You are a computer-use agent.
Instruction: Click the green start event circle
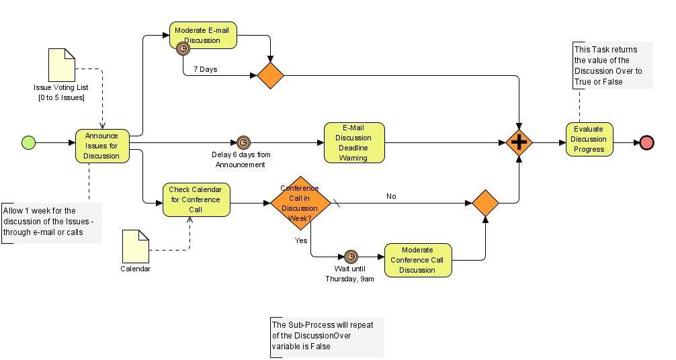click(28, 142)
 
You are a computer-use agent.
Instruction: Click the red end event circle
click(646, 142)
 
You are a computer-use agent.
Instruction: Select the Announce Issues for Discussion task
click(101, 146)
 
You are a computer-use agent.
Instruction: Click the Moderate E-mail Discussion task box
click(203, 35)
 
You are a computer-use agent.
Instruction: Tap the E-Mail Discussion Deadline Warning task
click(354, 142)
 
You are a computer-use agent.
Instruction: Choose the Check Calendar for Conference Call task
click(196, 199)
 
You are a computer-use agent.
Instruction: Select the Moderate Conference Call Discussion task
click(417, 260)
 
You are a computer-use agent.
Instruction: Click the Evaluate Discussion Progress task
click(589, 139)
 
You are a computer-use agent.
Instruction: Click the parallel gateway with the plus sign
click(519, 142)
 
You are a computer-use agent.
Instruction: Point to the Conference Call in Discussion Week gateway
click(300, 202)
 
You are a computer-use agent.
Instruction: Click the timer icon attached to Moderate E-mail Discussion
click(182, 48)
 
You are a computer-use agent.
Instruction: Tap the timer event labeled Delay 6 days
click(243, 142)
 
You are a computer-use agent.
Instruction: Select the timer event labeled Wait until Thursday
click(351, 257)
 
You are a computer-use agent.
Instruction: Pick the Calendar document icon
click(135, 246)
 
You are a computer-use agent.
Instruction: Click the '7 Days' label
click(205, 69)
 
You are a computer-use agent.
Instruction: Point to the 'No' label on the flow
click(391, 196)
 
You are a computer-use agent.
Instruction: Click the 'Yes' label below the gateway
click(301, 240)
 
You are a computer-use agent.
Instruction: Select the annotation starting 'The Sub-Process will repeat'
click(327, 336)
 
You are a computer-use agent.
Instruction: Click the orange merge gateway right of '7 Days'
click(270, 75)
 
